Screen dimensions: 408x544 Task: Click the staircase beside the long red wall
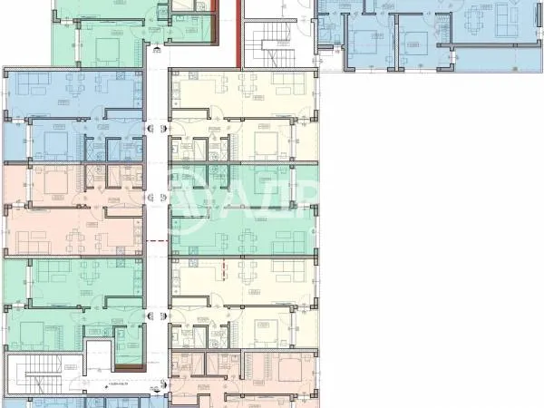(x=268, y=40)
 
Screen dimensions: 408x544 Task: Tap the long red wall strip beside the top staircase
(x=238, y=33)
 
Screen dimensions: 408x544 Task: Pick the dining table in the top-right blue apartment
(x=478, y=18)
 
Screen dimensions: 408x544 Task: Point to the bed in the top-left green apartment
(x=104, y=44)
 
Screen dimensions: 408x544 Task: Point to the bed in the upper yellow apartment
(x=266, y=143)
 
